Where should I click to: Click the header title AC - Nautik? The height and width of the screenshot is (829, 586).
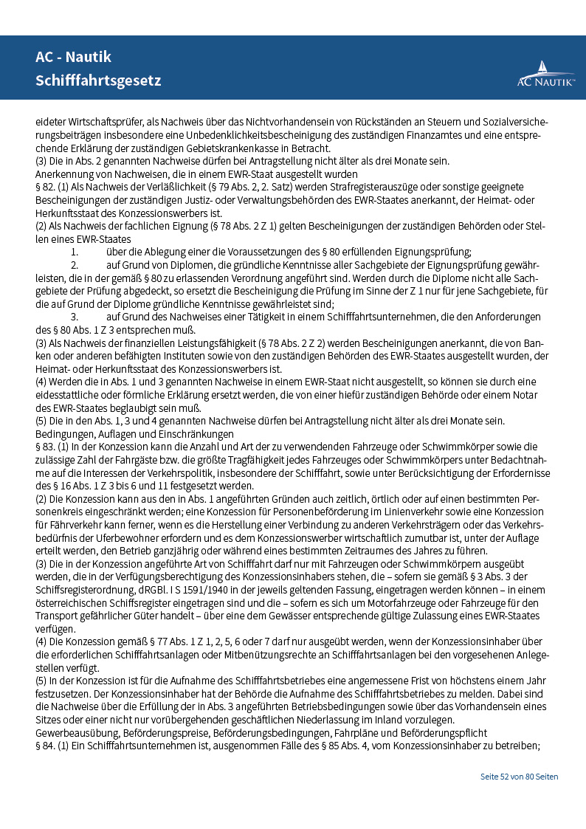[74, 57]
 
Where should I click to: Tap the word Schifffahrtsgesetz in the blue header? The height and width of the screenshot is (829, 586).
[98, 80]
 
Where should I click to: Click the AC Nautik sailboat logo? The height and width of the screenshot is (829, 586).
[545, 74]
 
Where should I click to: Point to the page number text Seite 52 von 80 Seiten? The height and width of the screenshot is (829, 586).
[519, 777]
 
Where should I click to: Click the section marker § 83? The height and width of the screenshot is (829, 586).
[46, 446]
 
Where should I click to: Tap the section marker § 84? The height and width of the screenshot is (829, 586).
[46, 744]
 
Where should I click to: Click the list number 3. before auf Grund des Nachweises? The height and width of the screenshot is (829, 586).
[75, 317]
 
